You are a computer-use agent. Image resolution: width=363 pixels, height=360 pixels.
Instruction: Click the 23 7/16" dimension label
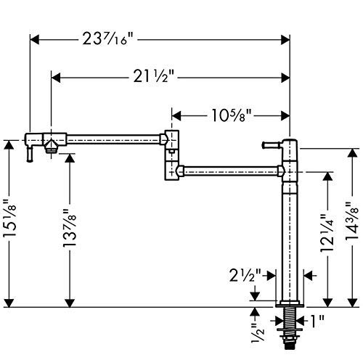click(x=107, y=38)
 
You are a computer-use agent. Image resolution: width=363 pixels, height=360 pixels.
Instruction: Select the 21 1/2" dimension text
click(x=154, y=78)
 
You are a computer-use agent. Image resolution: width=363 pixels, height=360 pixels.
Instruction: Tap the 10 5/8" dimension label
click(x=232, y=115)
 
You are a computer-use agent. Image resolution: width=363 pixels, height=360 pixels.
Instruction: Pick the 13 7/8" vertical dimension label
click(x=70, y=228)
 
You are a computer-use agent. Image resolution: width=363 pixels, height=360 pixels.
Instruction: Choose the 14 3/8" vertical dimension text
click(x=352, y=221)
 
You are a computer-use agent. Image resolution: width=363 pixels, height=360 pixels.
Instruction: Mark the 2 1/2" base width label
click(x=245, y=275)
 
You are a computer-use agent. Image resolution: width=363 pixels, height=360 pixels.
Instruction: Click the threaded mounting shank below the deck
click(x=290, y=328)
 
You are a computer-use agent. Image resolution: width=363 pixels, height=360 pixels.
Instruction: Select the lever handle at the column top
click(x=272, y=145)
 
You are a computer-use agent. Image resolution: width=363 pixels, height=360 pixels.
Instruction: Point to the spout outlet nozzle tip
click(x=51, y=150)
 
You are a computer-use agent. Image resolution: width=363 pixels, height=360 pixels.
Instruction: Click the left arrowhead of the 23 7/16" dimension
click(x=34, y=39)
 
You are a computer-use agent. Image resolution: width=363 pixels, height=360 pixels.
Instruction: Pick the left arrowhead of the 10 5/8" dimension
click(x=176, y=116)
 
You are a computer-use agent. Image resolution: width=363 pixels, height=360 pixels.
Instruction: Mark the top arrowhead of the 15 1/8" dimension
click(x=9, y=144)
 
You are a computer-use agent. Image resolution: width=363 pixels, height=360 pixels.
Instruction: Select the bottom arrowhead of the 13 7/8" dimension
click(x=70, y=303)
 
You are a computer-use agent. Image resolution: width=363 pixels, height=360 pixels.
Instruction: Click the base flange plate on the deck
click(x=290, y=304)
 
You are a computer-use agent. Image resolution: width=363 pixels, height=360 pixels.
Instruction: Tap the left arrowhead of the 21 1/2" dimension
click(x=56, y=78)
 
